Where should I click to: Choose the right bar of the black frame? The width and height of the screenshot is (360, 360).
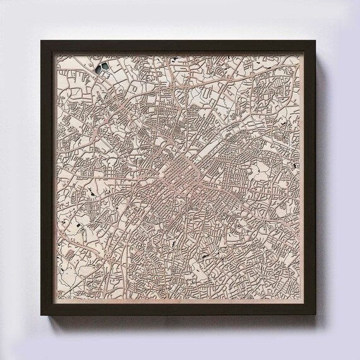(309, 178)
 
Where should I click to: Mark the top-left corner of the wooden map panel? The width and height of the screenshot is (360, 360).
(54, 54)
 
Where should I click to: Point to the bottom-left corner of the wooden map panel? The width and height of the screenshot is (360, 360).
(54, 301)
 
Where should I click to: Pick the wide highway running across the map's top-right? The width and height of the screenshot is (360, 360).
(253, 78)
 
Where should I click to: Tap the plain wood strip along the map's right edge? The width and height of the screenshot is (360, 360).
(300, 189)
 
